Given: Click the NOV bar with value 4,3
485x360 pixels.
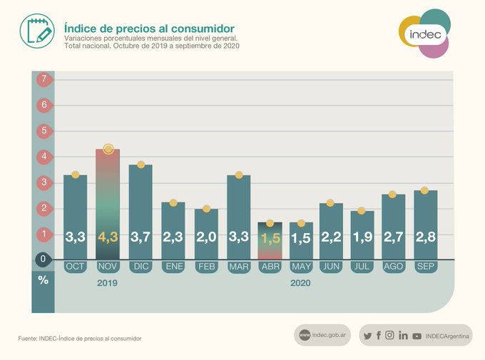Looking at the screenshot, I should pyautogui.click(x=108, y=203).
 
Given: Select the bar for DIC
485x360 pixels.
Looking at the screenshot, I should pyautogui.click(x=141, y=210).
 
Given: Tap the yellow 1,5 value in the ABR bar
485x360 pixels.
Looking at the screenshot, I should pyautogui.click(x=270, y=239).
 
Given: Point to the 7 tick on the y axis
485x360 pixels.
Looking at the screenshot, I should pyautogui.click(x=44, y=79).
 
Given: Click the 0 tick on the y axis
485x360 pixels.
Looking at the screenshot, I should pyautogui.click(x=44, y=259).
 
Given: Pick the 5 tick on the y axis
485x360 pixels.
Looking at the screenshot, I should pyautogui.click(x=44, y=131).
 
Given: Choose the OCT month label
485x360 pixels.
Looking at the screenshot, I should pyautogui.click(x=75, y=267).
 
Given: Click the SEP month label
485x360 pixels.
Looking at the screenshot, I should pyautogui.click(x=425, y=267).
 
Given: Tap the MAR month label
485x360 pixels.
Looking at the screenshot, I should pyautogui.click(x=238, y=267).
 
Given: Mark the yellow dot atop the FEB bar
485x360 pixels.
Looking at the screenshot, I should pyautogui.click(x=206, y=209).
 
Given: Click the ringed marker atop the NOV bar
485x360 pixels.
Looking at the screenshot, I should pyautogui.click(x=108, y=149).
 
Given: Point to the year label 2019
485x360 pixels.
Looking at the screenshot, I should pyautogui.click(x=108, y=283).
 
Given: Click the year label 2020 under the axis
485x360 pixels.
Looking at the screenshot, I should pyautogui.click(x=300, y=283).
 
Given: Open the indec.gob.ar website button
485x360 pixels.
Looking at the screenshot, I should pyautogui.click(x=322, y=335).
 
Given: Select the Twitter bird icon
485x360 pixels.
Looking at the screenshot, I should pyautogui.click(x=367, y=336).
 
